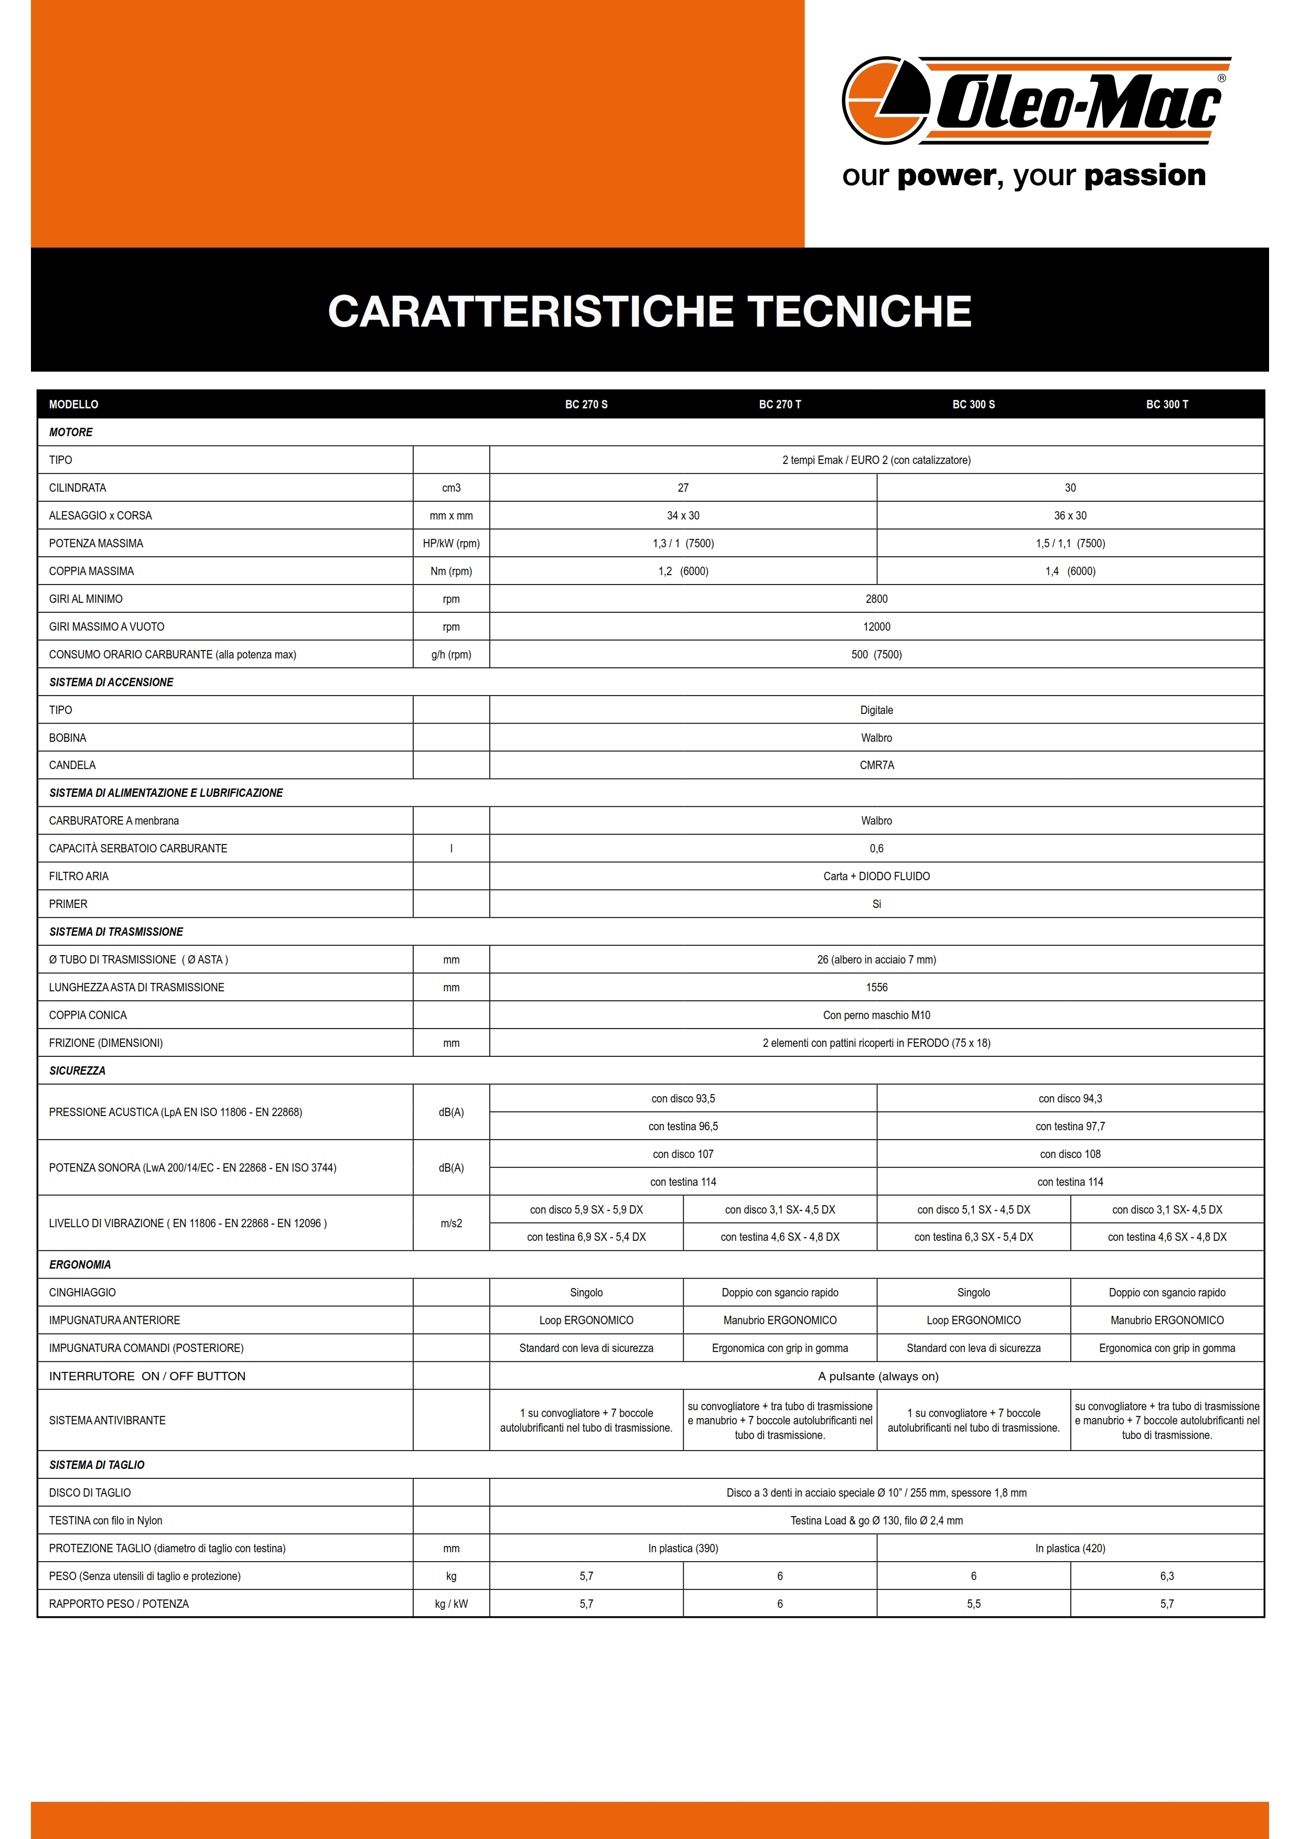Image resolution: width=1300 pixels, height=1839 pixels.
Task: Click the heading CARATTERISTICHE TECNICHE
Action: point(650,311)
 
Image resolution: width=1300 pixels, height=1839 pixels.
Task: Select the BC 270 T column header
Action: point(779,405)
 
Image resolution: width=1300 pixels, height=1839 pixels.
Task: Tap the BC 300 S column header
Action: point(973,405)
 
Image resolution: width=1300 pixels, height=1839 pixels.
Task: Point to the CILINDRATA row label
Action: point(78,488)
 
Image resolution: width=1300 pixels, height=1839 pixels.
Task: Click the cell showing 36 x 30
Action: point(1070,516)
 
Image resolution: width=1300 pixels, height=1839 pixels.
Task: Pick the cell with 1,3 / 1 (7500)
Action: point(683,544)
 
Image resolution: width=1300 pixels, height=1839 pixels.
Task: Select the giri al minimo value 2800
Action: point(876,599)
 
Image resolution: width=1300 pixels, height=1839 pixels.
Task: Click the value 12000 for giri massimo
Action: point(876,627)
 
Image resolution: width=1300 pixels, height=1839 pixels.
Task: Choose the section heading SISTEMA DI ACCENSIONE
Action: point(111,683)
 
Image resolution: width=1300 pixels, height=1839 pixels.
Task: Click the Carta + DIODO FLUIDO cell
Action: point(876,876)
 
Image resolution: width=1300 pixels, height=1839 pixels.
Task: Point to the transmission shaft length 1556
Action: point(876,988)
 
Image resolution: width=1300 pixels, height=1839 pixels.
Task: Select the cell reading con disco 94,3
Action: point(1070,1099)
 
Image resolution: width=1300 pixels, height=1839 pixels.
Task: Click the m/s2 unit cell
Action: point(451,1223)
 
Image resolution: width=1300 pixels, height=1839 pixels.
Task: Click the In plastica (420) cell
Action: point(1070,1548)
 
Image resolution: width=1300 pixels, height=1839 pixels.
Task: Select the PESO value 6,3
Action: point(1166,1576)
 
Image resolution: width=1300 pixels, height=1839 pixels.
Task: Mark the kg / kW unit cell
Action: point(451,1604)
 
